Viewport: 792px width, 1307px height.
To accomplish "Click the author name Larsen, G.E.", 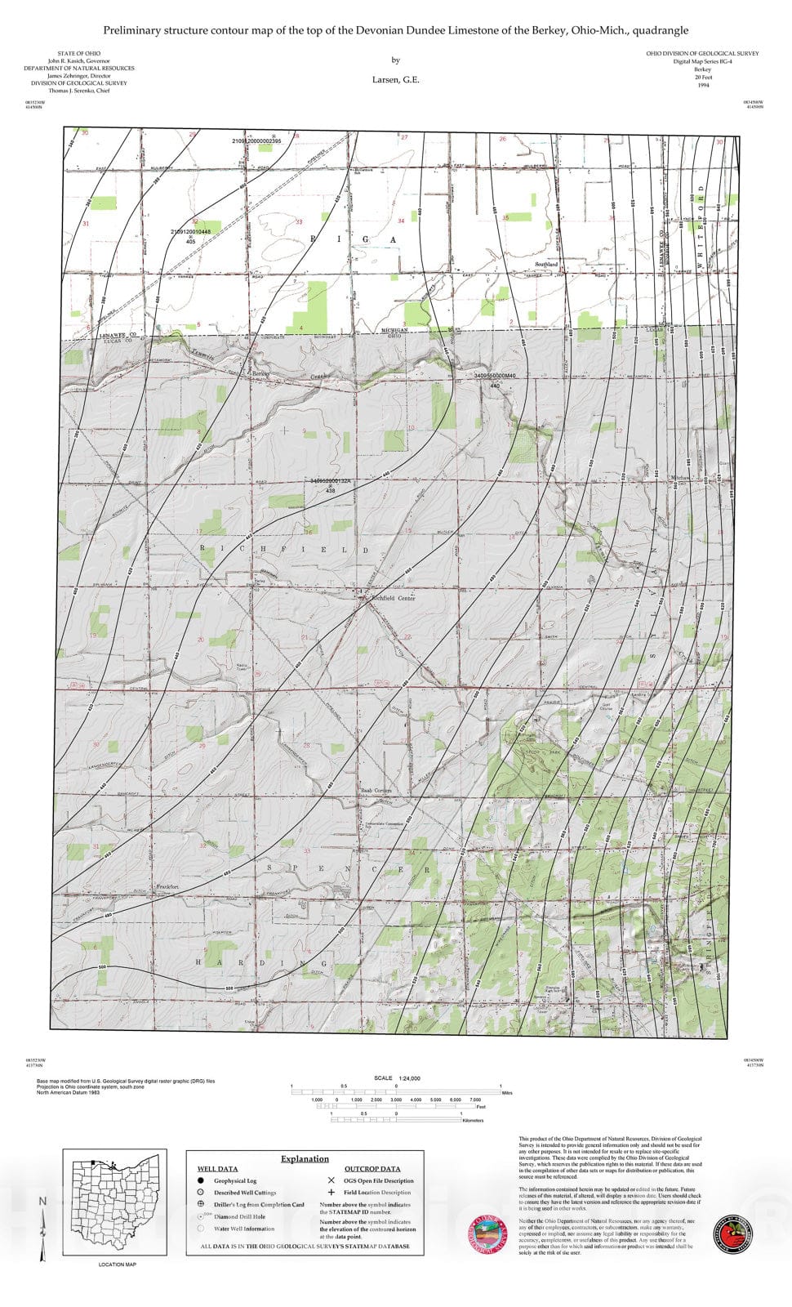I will (x=396, y=80).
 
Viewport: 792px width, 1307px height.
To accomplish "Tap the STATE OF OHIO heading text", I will (x=78, y=54).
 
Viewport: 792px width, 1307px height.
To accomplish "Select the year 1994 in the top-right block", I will (x=703, y=85).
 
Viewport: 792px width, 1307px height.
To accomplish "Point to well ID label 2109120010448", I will (x=190, y=232).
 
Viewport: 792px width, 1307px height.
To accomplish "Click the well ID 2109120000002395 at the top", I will (x=256, y=141).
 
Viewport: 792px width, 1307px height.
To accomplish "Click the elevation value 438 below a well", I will (x=331, y=491).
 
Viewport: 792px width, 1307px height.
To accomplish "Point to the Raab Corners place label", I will (x=376, y=791).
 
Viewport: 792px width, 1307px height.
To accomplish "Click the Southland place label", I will (x=546, y=265).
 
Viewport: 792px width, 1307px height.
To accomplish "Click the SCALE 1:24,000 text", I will (x=397, y=1078).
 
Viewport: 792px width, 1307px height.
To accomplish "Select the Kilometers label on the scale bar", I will (x=472, y=1121).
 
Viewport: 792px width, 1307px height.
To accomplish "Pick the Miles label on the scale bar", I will (x=507, y=1092).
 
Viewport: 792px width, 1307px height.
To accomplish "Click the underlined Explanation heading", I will (x=305, y=1158).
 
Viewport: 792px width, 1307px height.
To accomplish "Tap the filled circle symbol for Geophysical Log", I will (x=200, y=1180).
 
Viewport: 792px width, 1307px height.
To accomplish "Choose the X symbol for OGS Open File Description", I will (x=331, y=1180).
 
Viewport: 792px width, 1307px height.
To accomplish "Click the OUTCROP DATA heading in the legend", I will (x=372, y=1169).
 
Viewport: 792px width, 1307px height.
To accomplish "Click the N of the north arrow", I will (x=42, y=1201).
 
